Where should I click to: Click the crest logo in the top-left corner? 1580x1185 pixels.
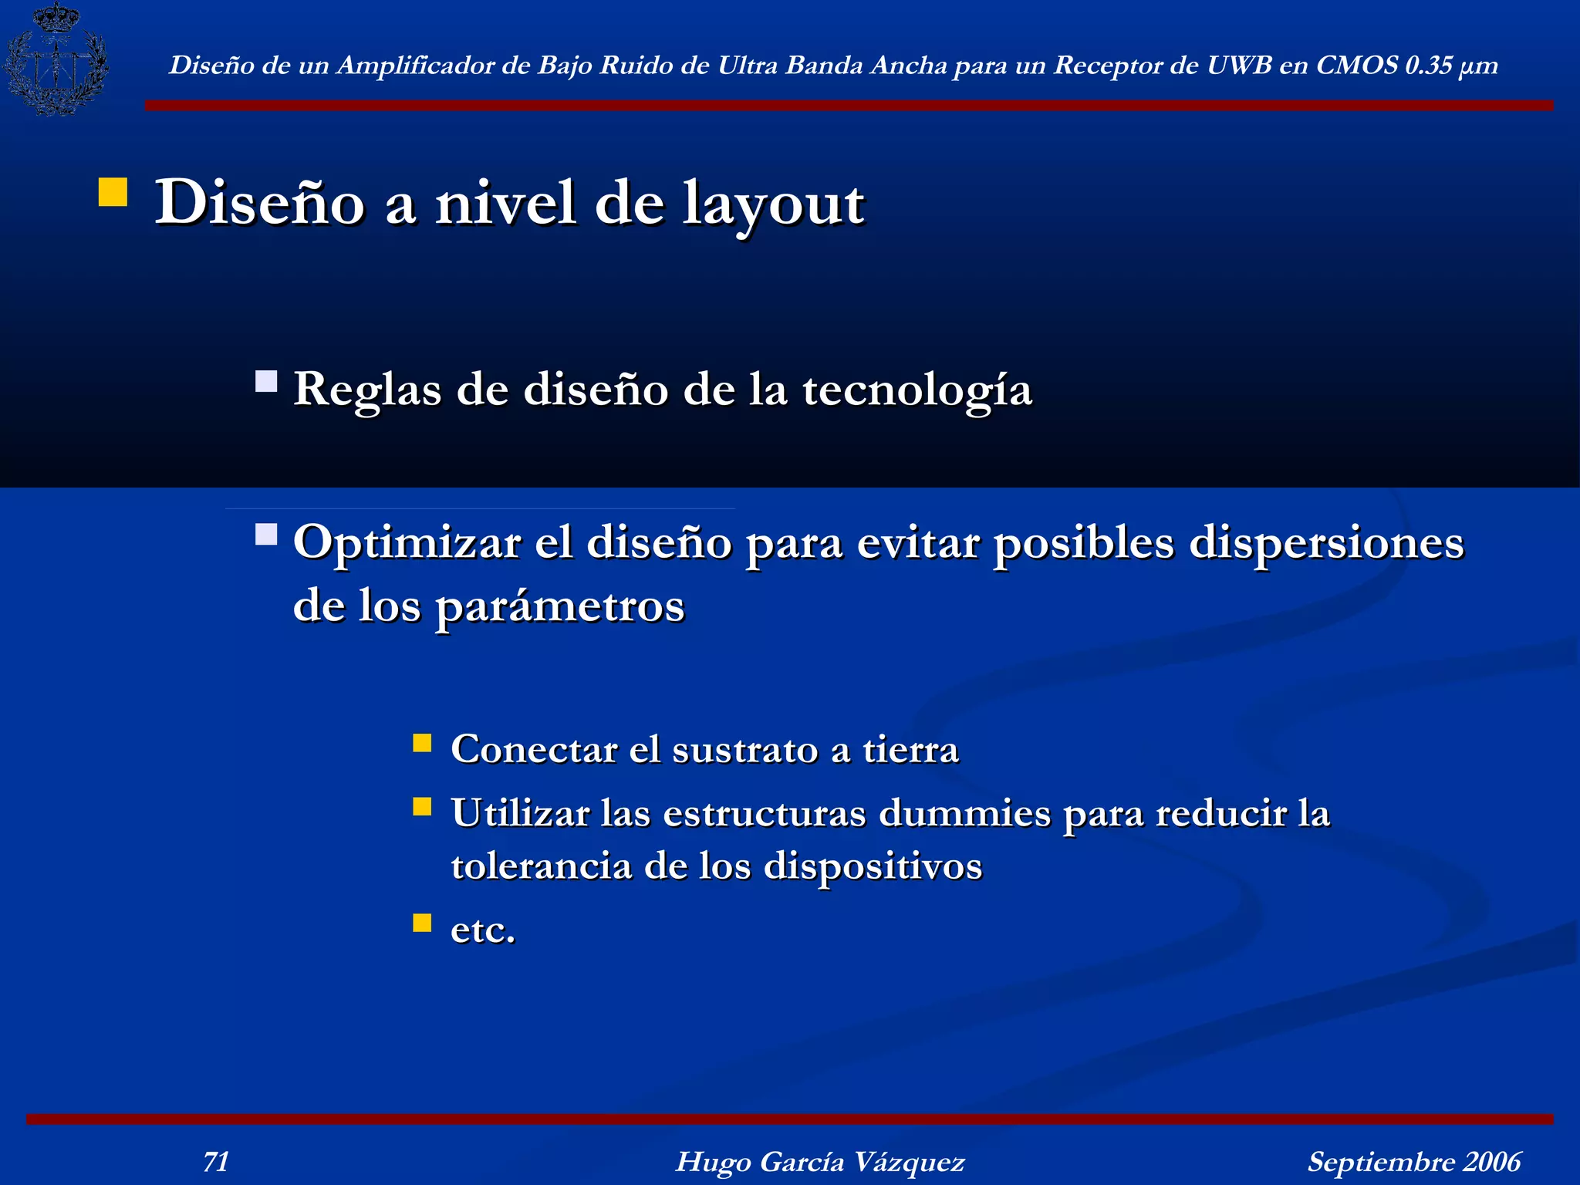56,59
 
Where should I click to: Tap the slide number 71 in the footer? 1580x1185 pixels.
216,1161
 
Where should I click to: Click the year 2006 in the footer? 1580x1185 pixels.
1492,1161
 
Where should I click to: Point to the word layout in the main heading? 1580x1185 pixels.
773,204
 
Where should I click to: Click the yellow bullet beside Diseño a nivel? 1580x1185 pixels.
113,192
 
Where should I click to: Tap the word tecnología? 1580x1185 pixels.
917,390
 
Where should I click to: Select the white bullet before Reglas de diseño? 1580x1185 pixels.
266,381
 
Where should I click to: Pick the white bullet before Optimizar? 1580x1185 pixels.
266,535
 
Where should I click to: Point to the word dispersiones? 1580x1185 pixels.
1326,542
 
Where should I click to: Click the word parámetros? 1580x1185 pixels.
560,606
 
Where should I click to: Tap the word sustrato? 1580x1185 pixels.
744,749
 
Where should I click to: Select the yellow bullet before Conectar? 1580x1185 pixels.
422,743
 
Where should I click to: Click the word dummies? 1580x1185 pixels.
964,813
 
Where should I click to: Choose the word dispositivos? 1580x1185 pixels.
873,866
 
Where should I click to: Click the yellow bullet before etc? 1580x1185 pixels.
422,923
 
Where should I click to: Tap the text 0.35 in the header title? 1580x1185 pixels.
1428,66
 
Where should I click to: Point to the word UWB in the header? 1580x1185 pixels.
1238,66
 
